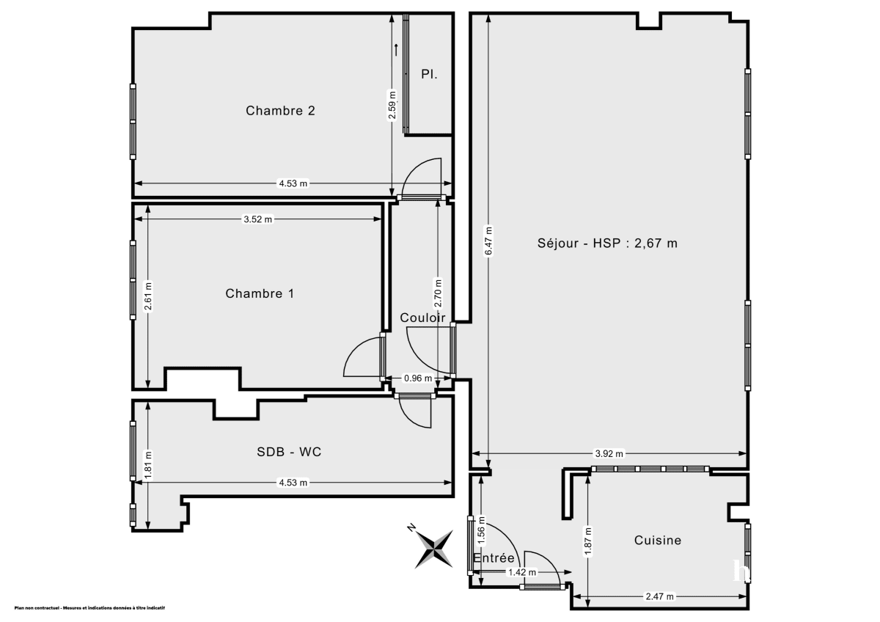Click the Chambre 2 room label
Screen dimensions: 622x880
tap(280, 111)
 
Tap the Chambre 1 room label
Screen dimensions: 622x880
tap(259, 293)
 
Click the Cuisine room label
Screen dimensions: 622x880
tap(657, 540)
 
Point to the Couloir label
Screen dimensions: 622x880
tap(422, 318)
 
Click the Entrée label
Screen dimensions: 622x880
tap(494, 558)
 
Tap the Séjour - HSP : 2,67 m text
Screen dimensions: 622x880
tap(606, 243)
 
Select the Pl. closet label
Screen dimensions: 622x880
tap(430, 74)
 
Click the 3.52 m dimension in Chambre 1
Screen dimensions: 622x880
tap(258, 219)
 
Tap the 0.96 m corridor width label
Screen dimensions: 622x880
tap(419, 378)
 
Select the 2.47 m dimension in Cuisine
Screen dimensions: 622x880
tap(660, 596)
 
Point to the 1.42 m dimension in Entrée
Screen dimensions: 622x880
tap(523, 572)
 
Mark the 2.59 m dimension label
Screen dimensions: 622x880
tap(392, 105)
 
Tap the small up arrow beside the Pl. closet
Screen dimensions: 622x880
tap(396, 50)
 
